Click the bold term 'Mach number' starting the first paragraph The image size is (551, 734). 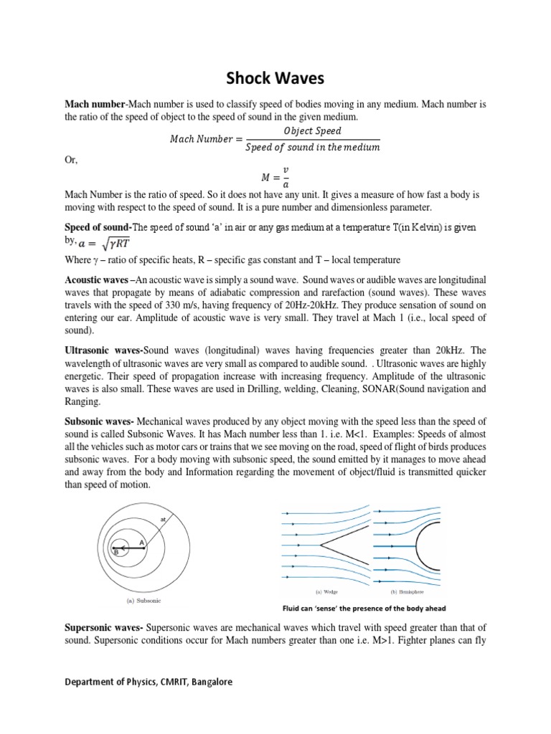[x=90, y=105]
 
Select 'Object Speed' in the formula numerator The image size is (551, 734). [x=312, y=131]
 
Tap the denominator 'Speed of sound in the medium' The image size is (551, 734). [x=312, y=148]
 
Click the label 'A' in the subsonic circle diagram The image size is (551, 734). [x=141, y=542]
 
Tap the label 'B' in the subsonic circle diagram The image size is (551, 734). [x=116, y=552]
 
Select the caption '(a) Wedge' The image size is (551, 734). [x=328, y=592]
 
